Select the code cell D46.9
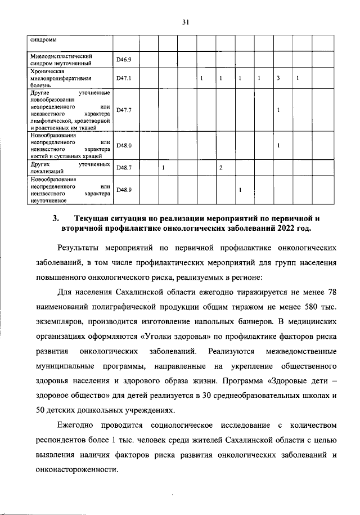[x=123, y=59]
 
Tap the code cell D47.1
[x=123, y=78]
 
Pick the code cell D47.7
[x=123, y=110]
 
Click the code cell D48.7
[x=123, y=168]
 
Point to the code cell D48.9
[x=123, y=190]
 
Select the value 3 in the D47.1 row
[x=278, y=78]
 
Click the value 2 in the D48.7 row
[x=221, y=168]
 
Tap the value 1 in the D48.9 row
[x=240, y=190]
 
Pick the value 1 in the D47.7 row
[x=278, y=110]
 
